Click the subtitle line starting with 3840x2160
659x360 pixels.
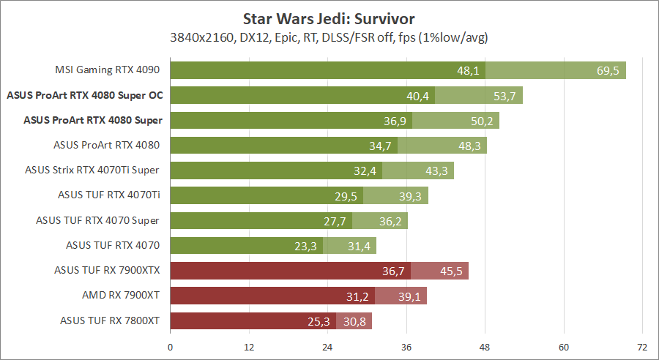(329, 36)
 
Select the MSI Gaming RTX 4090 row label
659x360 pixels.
(108, 70)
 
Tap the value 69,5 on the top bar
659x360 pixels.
(608, 70)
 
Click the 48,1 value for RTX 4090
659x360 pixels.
(468, 70)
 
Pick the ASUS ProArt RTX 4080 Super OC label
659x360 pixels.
(85, 95)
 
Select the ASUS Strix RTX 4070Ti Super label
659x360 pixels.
(92, 170)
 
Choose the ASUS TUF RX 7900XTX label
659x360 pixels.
(107, 271)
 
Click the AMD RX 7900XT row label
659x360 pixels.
(120, 296)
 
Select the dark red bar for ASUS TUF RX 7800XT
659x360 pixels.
(253, 320)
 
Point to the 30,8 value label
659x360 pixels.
(357, 320)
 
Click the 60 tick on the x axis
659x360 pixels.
(564, 347)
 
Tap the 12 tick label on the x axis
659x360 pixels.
(249, 347)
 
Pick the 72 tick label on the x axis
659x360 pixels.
(642, 347)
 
